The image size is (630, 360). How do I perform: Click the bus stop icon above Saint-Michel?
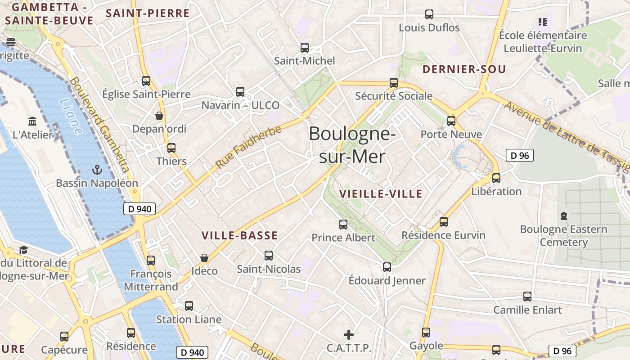click(x=305, y=47)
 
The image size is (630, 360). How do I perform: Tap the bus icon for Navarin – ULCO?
click(x=240, y=92)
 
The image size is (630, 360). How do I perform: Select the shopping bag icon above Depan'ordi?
click(x=159, y=116)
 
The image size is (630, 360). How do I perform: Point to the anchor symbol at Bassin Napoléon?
click(x=97, y=170)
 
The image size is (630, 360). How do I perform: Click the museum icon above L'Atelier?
click(x=32, y=121)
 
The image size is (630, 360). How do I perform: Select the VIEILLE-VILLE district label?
click(x=381, y=194)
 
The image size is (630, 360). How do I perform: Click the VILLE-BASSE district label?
click(x=239, y=235)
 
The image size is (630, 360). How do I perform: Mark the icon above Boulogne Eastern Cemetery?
click(x=564, y=216)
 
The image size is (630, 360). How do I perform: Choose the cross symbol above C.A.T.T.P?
click(x=349, y=335)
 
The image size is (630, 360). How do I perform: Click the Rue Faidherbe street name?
click(x=248, y=147)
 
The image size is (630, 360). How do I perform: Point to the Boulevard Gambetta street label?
click(x=100, y=126)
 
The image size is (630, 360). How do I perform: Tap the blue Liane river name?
click(x=71, y=117)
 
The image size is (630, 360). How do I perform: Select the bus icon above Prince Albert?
click(x=343, y=224)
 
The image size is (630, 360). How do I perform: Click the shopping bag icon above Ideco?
click(x=204, y=258)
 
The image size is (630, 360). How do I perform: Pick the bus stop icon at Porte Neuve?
click(x=451, y=121)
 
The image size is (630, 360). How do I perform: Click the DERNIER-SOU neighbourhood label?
click(x=464, y=69)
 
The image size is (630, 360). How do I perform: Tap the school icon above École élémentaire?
click(x=542, y=22)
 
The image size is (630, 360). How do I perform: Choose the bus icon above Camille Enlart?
click(x=527, y=297)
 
